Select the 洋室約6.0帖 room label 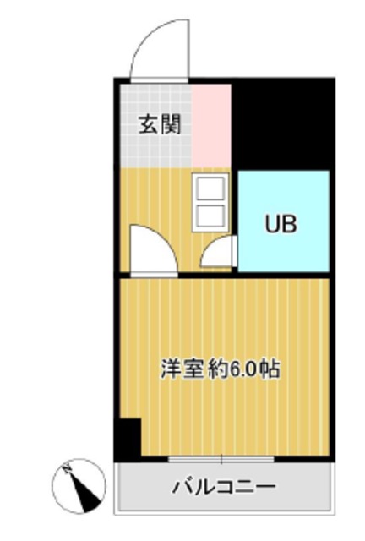pyautogui.click(x=221, y=369)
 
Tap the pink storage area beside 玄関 pyautogui.click(x=211, y=125)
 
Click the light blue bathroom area pyautogui.click(x=282, y=245)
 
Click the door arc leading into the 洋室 pyautogui.click(x=151, y=249)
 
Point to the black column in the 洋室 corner pyautogui.click(x=128, y=439)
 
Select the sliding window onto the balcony pyautogui.click(x=221, y=459)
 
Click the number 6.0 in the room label pyautogui.click(x=240, y=369)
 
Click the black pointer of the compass pyautogui.click(x=83, y=490)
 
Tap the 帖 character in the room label pyautogui.click(x=270, y=369)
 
